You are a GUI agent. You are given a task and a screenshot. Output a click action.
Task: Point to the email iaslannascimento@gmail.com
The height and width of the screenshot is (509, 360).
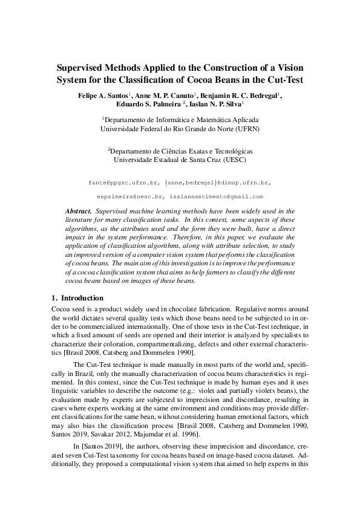click(x=217, y=196)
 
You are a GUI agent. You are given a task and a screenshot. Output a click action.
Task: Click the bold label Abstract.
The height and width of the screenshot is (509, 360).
click(x=77, y=210)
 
